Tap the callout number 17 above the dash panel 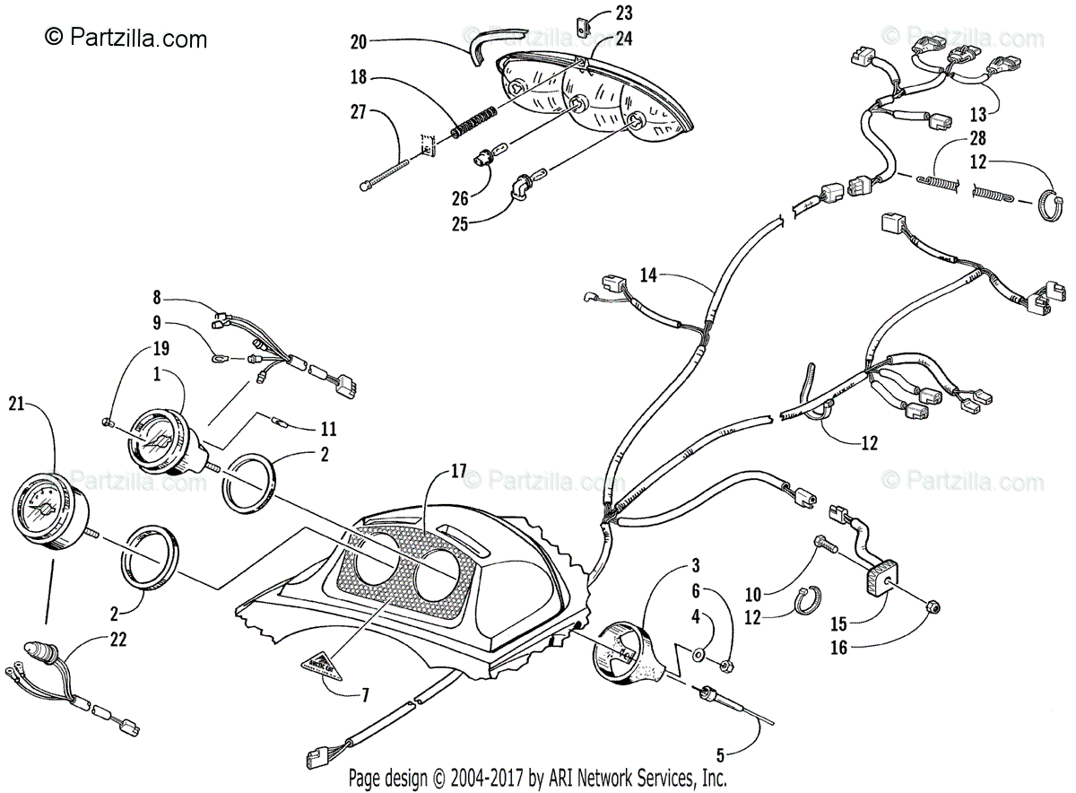tap(459, 470)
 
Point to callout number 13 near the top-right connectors tap(977, 114)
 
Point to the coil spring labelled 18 tap(472, 122)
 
